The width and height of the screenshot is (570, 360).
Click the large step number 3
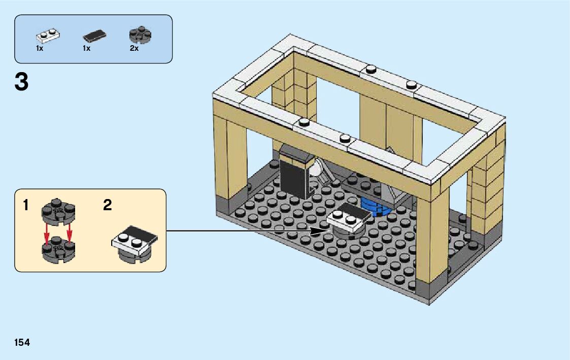tap(21, 82)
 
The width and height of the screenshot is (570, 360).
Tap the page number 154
tap(22, 343)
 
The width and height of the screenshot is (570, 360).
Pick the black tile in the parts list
tap(94, 36)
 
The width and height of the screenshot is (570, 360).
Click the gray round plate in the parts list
tap(141, 34)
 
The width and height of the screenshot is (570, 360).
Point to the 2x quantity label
tap(134, 49)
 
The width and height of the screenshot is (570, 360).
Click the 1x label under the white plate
tap(40, 49)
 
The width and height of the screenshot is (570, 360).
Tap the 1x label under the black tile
tap(86, 49)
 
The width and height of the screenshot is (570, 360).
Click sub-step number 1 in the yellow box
tap(26, 206)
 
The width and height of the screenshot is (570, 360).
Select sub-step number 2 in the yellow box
tap(107, 206)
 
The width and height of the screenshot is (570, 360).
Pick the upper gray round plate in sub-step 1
tap(58, 212)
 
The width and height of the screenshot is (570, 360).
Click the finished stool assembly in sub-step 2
tap(134, 245)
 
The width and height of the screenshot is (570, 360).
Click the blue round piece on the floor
tap(376, 208)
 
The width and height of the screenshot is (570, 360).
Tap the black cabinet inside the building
tap(296, 173)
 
